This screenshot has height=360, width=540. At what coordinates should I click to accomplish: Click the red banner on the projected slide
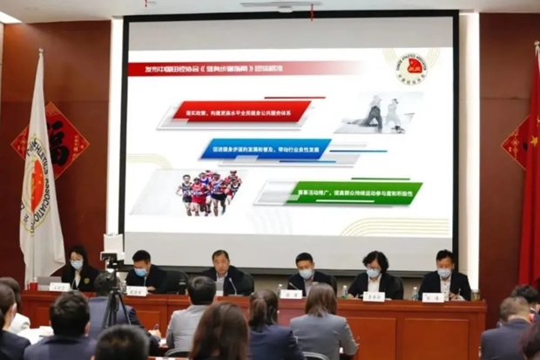point(241,111)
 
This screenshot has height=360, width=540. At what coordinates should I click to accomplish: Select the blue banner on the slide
point(266,149)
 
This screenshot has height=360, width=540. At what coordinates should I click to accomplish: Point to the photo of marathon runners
point(208,192)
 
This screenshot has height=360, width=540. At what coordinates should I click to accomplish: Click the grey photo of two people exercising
point(382,112)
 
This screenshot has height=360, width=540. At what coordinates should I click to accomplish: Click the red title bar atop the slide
point(244,68)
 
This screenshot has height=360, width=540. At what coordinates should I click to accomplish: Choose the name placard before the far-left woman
point(59,287)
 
